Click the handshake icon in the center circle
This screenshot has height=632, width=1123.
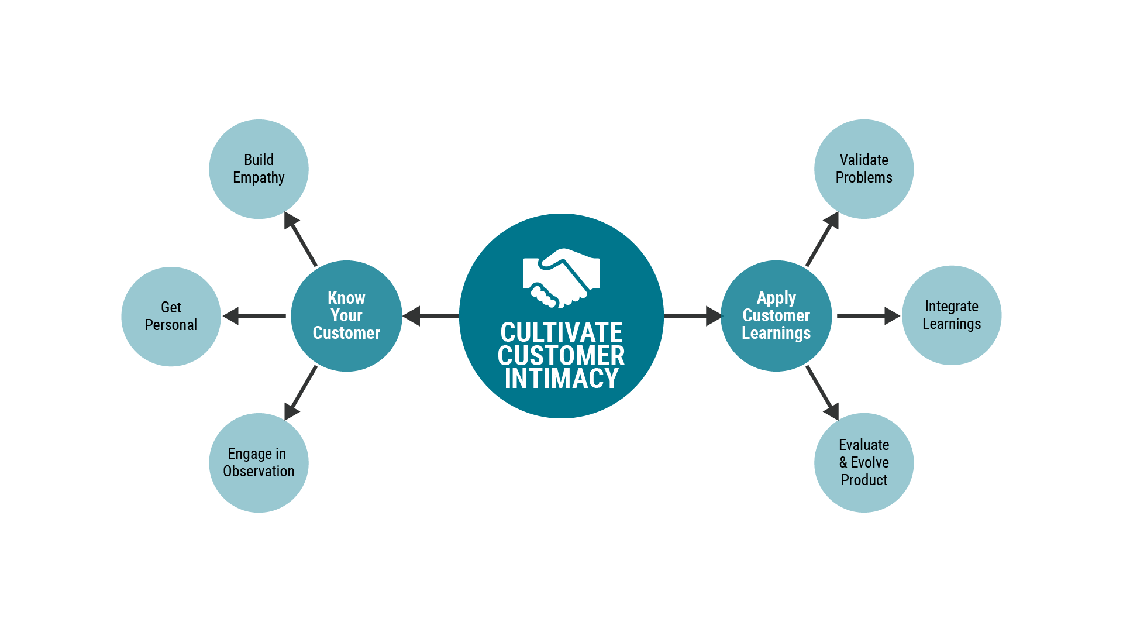click(561, 278)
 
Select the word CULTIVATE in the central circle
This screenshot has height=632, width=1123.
click(561, 332)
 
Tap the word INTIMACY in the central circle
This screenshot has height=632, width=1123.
click(561, 379)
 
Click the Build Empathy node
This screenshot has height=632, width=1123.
click(259, 169)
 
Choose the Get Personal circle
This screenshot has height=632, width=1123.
click(171, 317)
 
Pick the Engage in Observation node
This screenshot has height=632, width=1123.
click(259, 463)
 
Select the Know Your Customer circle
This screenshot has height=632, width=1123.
click(346, 316)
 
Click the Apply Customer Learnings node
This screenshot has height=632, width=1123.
click(776, 316)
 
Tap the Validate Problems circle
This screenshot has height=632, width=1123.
click(864, 169)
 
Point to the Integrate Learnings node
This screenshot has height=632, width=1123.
click(952, 315)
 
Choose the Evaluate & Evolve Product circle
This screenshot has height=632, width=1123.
click(864, 463)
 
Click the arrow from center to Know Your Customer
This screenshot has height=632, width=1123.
click(432, 316)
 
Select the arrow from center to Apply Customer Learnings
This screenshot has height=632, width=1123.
click(693, 316)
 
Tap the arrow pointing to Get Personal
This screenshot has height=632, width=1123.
click(254, 316)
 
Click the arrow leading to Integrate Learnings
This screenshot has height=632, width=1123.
click(869, 316)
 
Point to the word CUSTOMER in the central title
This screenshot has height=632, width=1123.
click(561, 356)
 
